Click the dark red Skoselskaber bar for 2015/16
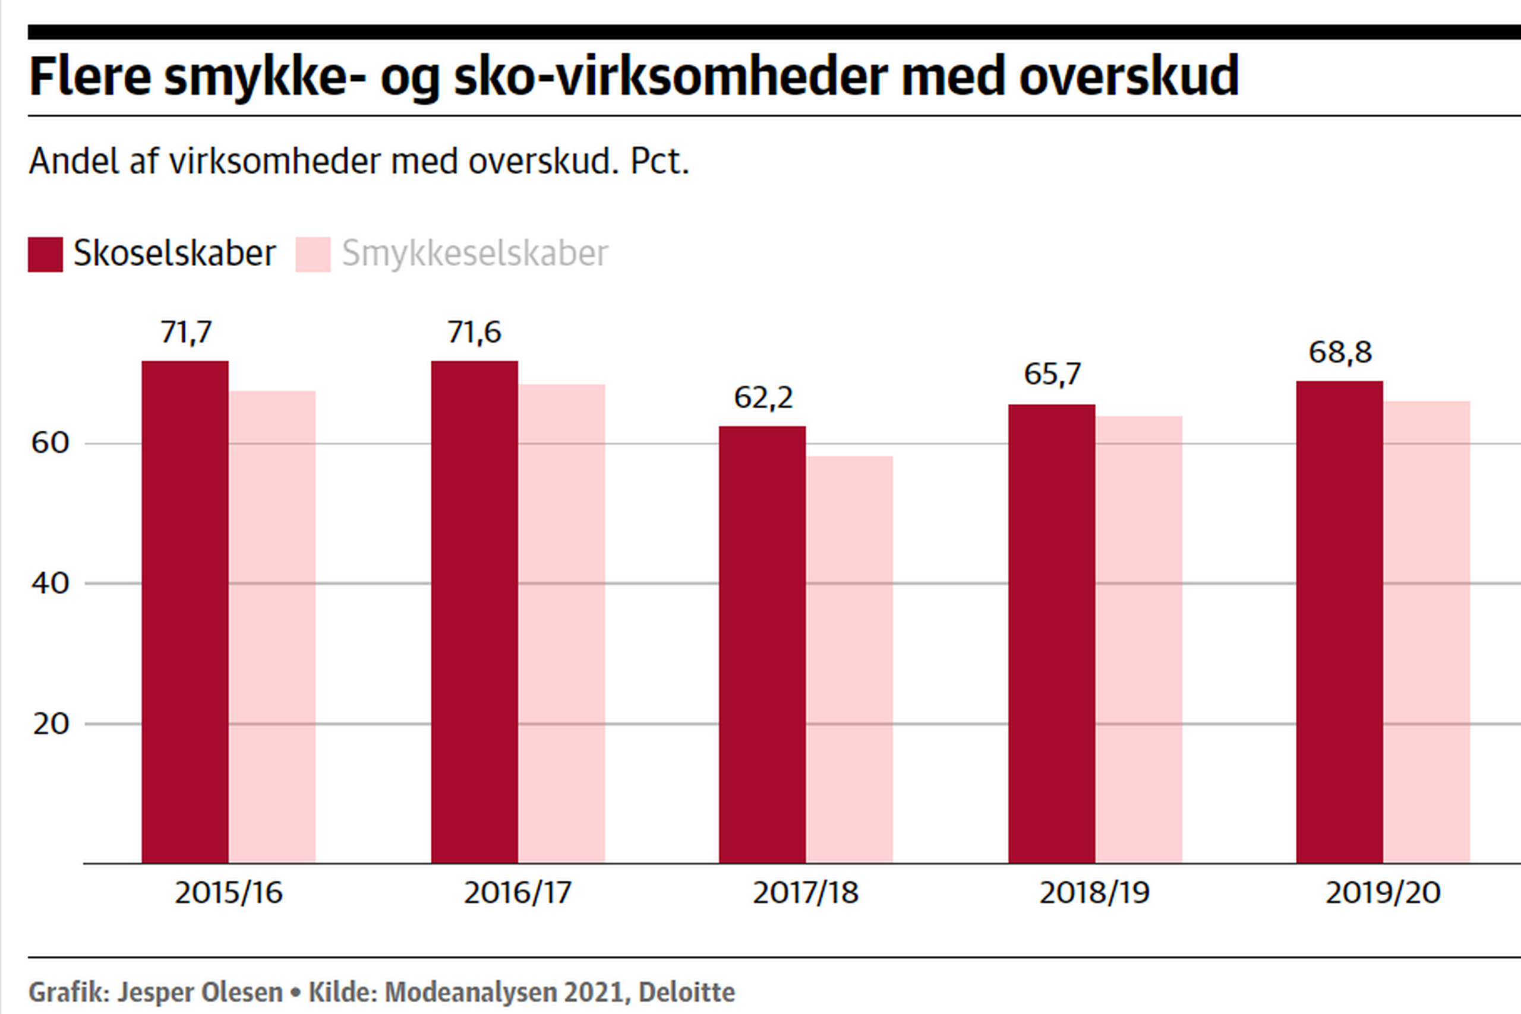(x=185, y=611)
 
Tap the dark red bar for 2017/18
(x=762, y=644)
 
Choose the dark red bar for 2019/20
(x=1339, y=621)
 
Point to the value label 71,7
(x=186, y=333)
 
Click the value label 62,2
(x=763, y=398)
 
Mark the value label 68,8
(x=1340, y=352)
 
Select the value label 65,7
(x=1052, y=374)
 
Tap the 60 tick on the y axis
(x=51, y=443)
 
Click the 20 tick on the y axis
(x=51, y=724)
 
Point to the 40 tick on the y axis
(x=51, y=583)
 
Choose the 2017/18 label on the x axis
(x=806, y=893)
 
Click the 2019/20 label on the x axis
(x=1383, y=893)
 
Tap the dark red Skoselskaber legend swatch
(x=45, y=254)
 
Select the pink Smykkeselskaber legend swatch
(x=313, y=254)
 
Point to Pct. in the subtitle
(x=659, y=161)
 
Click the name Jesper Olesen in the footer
(x=199, y=992)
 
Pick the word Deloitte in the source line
(x=687, y=992)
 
